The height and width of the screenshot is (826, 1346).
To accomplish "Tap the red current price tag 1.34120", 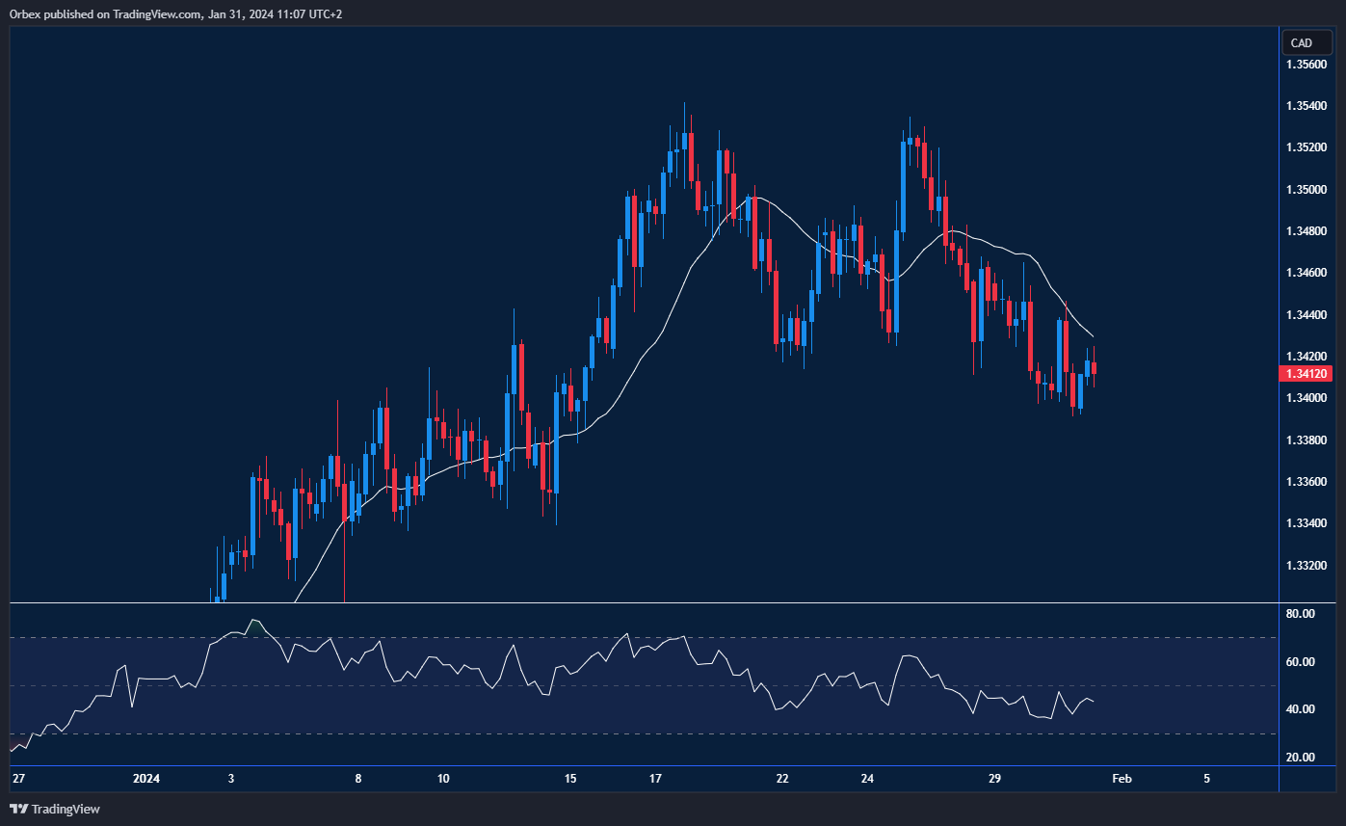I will click(1306, 374).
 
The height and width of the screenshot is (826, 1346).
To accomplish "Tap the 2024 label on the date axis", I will click(145, 779).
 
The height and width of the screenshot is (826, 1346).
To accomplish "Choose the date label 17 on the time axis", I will click(655, 779).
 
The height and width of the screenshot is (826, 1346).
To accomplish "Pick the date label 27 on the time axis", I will click(17, 779).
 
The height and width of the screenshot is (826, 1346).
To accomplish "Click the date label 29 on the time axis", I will click(995, 779).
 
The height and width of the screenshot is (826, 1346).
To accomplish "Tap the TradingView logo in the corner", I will click(55, 809).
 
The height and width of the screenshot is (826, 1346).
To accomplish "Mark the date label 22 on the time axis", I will click(782, 779).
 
